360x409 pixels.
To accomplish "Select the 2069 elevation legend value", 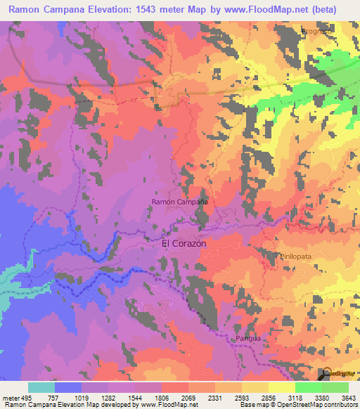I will (x=189, y=397).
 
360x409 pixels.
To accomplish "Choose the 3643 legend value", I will (x=348, y=397).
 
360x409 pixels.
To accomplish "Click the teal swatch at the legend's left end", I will (x=41, y=387).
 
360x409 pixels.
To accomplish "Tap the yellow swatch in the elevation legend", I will (x=282, y=387).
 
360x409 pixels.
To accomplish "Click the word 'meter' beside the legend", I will (x=11, y=397).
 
